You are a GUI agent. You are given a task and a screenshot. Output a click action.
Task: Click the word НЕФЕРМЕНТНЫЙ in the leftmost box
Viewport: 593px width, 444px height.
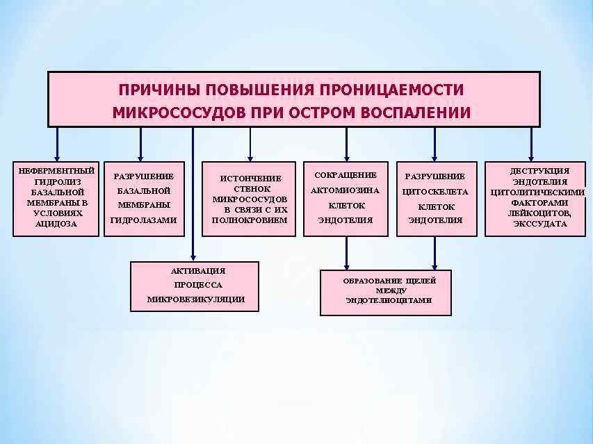57,171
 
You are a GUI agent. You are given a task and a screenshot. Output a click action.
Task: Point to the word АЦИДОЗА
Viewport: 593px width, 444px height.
57,224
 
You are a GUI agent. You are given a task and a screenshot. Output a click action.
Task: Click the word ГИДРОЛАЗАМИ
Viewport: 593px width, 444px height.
143,220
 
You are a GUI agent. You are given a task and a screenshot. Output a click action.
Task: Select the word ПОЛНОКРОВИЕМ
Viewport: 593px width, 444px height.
250,220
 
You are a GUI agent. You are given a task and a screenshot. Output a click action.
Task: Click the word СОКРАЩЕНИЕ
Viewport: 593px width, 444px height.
346,174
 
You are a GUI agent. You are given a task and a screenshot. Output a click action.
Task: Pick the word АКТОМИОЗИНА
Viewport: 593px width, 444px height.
346,190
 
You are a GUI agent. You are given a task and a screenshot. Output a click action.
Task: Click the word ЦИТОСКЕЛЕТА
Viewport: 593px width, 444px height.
435,191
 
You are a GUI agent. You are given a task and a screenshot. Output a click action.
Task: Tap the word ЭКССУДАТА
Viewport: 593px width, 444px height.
539,224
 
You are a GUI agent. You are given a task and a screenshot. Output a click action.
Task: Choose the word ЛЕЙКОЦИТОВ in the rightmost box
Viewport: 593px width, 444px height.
539,213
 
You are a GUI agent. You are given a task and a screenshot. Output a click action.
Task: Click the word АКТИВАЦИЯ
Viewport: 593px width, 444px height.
197,270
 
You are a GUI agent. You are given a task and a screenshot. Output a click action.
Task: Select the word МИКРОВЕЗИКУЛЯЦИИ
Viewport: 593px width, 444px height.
197,299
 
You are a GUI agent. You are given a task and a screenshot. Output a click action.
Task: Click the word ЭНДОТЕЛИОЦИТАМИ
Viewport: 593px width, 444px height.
388,301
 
